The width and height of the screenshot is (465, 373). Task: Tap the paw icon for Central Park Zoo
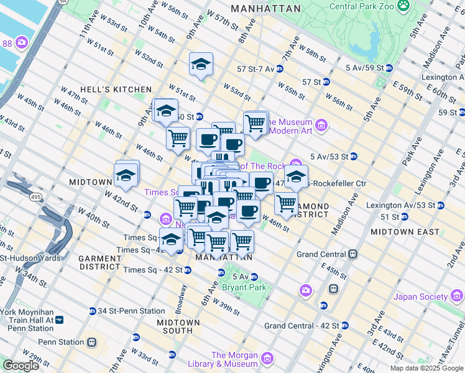pyautogui.click(x=404, y=6)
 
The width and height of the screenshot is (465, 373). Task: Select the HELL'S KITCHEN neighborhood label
pyautogui.click(x=124, y=90)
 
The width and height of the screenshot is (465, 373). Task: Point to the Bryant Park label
pyautogui.click(x=249, y=287)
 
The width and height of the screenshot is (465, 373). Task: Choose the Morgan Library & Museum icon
pyautogui.click(x=267, y=359)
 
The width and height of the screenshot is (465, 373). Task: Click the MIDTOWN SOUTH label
pyautogui.click(x=178, y=326)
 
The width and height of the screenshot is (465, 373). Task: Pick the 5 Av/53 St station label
pyautogui.click(x=333, y=156)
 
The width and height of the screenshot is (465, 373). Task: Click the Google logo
pyautogui.click(x=21, y=365)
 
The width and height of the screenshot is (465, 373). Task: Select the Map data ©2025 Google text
pyautogui.click(x=426, y=368)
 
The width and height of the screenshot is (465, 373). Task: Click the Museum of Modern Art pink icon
pyautogui.click(x=321, y=126)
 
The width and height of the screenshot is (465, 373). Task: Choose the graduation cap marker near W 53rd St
pyautogui.click(x=201, y=65)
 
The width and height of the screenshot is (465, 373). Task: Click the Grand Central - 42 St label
pyautogui.click(x=302, y=325)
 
